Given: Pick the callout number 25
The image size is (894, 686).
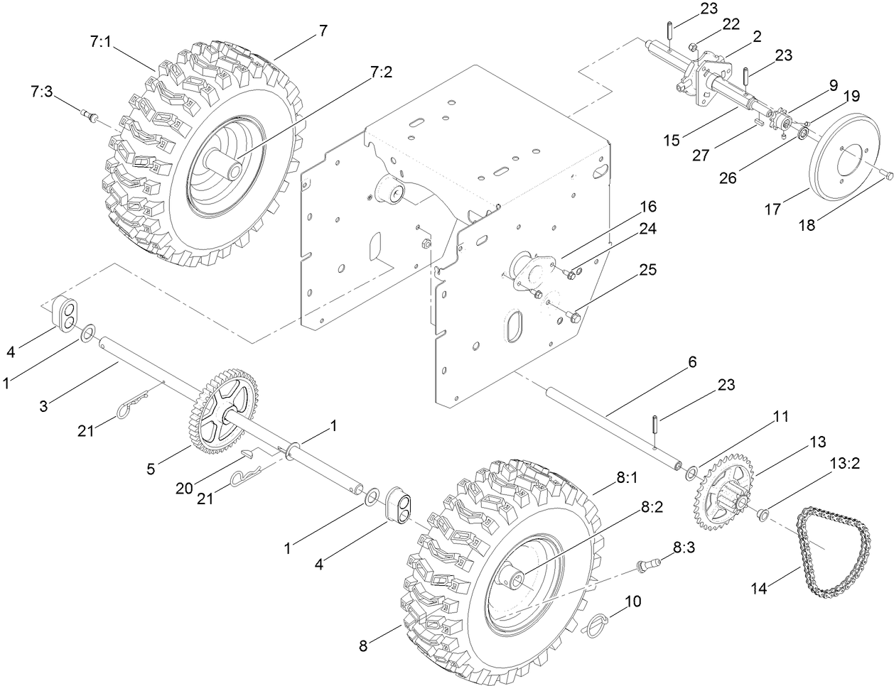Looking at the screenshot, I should [x=647, y=270].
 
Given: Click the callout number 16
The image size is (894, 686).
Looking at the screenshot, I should [x=647, y=207].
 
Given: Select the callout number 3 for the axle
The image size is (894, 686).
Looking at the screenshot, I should [x=45, y=406].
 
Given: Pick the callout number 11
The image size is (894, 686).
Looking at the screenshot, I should [x=780, y=418].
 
